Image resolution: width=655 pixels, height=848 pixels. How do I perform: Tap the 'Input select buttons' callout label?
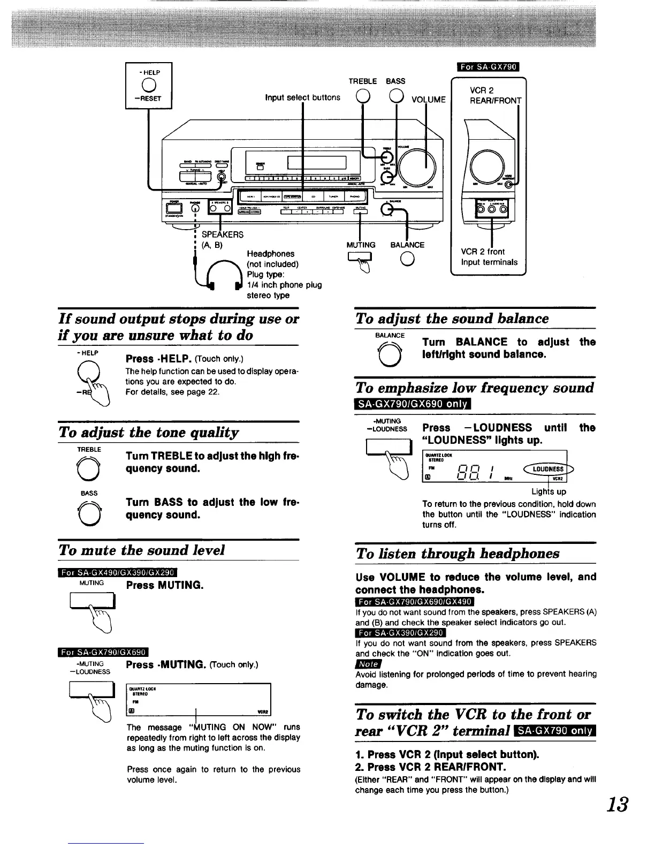tap(302, 97)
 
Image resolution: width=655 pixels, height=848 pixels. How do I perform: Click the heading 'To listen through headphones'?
tap(458, 554)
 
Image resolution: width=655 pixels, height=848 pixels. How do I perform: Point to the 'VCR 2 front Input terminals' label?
tap(489, 256)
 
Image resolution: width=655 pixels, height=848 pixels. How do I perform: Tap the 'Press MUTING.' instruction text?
tap(165, 585)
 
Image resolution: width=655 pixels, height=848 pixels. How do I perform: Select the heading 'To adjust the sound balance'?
tap(452, 319)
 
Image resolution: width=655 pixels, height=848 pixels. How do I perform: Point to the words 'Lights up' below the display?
tap(549, 491)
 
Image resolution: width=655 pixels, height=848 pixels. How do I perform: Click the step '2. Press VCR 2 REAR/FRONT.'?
tap(431, 767)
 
